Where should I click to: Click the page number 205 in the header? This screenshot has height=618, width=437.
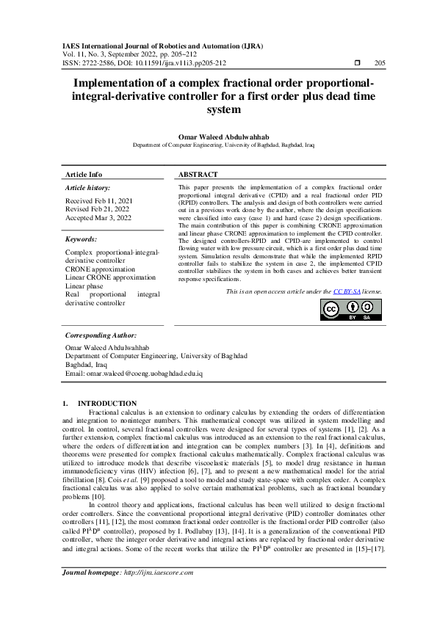click(x=380, y=63)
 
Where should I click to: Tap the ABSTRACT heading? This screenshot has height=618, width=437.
click(x=198, y=175)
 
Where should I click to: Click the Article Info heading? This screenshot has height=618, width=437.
click(x=84, y=175)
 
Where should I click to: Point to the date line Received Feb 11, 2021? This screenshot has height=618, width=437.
click(x=100, y=200)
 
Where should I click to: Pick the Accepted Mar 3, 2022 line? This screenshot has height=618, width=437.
click(x=98, y=218)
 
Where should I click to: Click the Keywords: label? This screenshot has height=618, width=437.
click(x=82, y=239)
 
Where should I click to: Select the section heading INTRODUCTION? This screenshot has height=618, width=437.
click(x=107, y=403)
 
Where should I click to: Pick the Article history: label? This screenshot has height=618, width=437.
click(x=87, y=189)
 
